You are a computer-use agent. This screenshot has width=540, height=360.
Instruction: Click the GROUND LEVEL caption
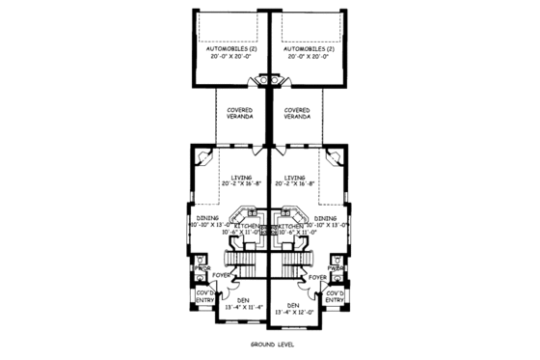(270, 344)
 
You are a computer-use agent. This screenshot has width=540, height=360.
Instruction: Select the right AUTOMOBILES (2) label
(309, 48)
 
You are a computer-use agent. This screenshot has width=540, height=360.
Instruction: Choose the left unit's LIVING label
(242, 178)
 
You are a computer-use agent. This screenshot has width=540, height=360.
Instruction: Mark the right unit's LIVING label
(296, 178)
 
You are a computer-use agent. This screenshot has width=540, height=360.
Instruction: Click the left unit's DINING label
(207, 218)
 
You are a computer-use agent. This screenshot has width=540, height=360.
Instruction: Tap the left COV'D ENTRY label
(204, 295)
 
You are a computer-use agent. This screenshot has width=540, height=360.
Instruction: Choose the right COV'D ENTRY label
(335, 295)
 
